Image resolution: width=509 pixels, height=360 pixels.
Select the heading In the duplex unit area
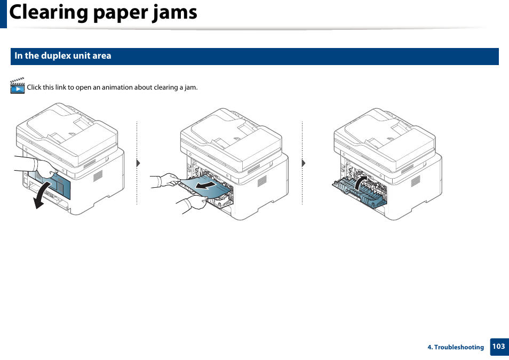63,56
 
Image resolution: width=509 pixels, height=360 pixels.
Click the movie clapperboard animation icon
18,86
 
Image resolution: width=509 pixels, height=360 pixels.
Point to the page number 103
498,347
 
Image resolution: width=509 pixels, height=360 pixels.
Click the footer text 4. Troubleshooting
456,347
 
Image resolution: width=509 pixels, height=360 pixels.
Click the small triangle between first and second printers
138,163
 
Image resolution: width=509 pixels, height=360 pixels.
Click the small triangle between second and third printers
304,163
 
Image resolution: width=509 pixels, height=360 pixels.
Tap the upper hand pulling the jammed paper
164,180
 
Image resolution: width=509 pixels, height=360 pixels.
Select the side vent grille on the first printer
98,175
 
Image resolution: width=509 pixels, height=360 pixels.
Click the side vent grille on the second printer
262,181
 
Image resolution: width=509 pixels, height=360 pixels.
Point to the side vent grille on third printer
415,181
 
